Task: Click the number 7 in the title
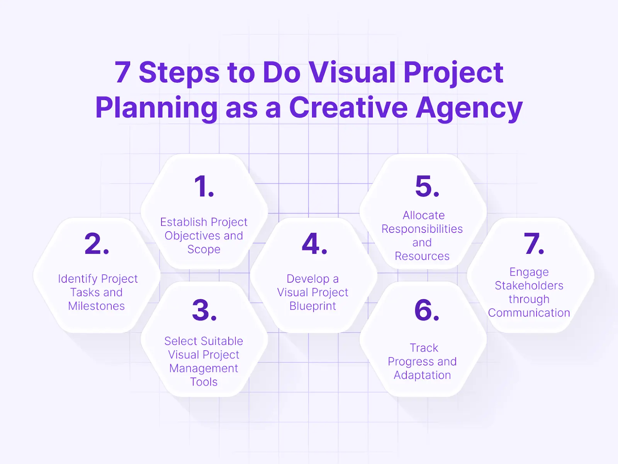tap(123, 72)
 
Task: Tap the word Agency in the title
tap(469, 108)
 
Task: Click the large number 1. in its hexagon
tap(204, 187)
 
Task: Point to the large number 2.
tap(97, 244)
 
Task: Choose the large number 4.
tap(314, 244)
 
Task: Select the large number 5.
tap(427, 187)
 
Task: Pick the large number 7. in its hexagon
tap(534, 244)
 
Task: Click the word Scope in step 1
tap(204, 249)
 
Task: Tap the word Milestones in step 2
tap(97, 306)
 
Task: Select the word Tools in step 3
tap(204, 382)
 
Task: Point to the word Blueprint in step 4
tap(313, 306)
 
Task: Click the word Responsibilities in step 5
tap(422, 229)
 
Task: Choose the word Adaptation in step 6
tap(422, 375)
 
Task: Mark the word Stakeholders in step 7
tap(529, 285)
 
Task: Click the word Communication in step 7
tap(529, 312)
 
